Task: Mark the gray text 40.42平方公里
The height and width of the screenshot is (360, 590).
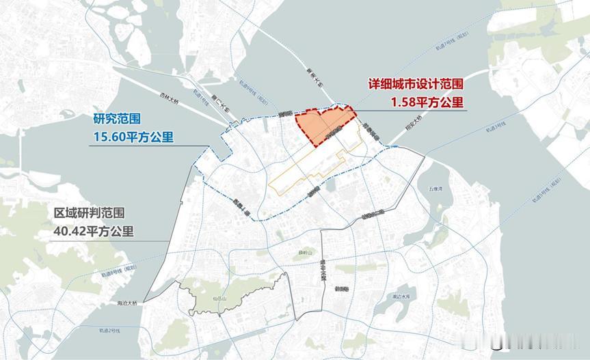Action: pyautogui.click(x=94, y=231)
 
